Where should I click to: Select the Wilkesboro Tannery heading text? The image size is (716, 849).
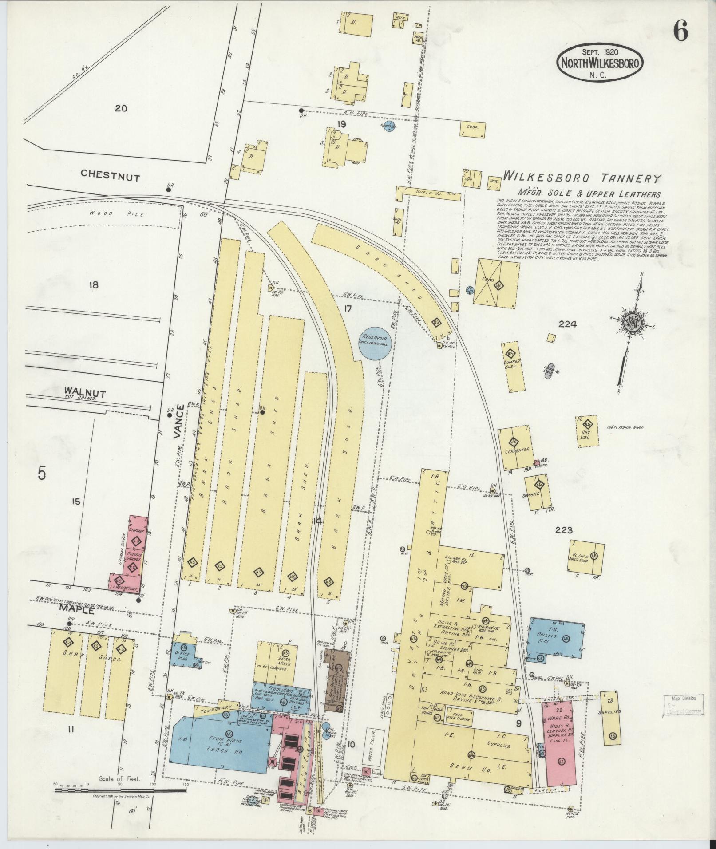click(582, 178)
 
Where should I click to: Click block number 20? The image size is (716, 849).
click(121, 108)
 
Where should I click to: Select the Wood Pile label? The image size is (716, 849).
click(117, 214)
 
